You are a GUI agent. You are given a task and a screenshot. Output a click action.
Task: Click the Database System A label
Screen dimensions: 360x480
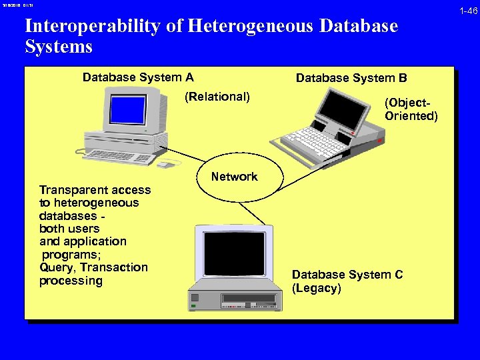tap(138, 77)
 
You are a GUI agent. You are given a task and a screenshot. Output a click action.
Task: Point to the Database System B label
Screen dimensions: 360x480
tap(351, 78)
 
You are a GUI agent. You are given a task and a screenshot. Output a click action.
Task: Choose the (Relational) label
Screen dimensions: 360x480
tap(217, 97)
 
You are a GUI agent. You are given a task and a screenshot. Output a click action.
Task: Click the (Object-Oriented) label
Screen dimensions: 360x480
tap(411, 109)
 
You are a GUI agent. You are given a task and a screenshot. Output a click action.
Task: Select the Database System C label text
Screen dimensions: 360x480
tap(347, 275)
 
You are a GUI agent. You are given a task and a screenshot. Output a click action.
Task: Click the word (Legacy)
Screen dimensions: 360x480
tap(316, 289)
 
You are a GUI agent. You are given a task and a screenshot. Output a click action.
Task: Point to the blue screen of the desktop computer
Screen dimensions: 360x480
tap(127, 110)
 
